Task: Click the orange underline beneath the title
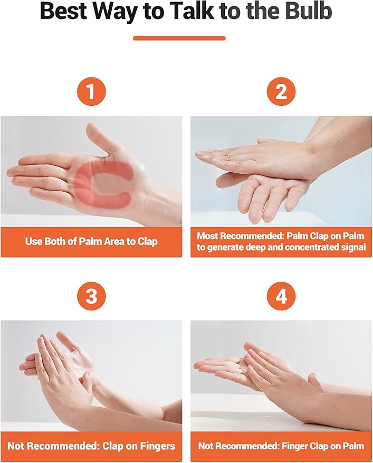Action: pyautogui.click(x=179, y=38)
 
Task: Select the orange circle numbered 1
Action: pyautogui.click(x=91, y=91)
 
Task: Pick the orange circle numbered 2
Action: pyautogui.click(x=281, y=91)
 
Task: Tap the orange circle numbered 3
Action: pyautogui.click(x=91, y=296)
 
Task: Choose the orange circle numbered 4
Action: pyautogui.click(x=281, y=296)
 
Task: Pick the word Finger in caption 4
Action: pyautogui.click(x=296, y=446)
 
